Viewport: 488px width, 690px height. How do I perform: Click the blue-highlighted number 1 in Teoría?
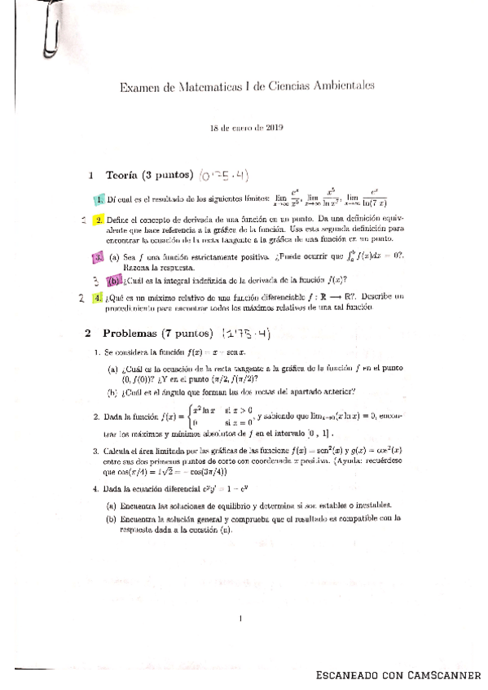pyautogui.click(x=99, y=199)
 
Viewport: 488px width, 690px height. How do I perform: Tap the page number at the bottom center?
pyautogui.click(x=243, y=620)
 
